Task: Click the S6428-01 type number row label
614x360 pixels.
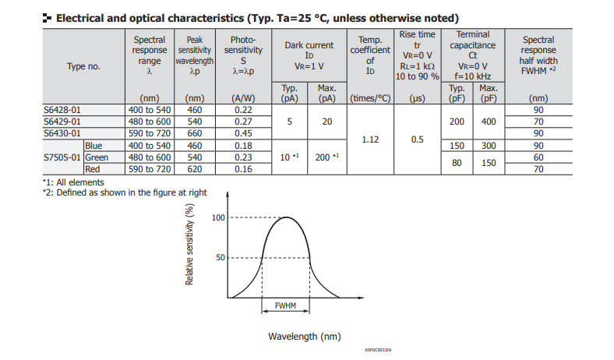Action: coord(62,111)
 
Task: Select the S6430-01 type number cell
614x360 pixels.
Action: coord(62,133)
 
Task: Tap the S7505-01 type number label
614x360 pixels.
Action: coord(62,157)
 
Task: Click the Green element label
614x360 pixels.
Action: coord(97,157)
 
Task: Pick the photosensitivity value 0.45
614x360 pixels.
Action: coord(243,133)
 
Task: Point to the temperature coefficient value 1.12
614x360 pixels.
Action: coord(371,139)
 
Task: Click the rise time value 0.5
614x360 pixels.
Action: coord(417,139)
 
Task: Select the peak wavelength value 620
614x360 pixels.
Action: coord(194,168)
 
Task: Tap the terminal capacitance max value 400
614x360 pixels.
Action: coord(488,122)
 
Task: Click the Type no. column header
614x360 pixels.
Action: coord(83,67)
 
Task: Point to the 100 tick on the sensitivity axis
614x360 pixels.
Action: coord(218,217)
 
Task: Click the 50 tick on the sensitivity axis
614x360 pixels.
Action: coord(221,257)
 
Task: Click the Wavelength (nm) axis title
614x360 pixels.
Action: coord(305,337)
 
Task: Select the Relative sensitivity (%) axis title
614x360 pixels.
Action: coord(189,244)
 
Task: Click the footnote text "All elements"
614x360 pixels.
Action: coord(82,182)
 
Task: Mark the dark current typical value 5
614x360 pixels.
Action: coord(290,122)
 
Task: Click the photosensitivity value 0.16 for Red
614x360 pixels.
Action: coord(243,168)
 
